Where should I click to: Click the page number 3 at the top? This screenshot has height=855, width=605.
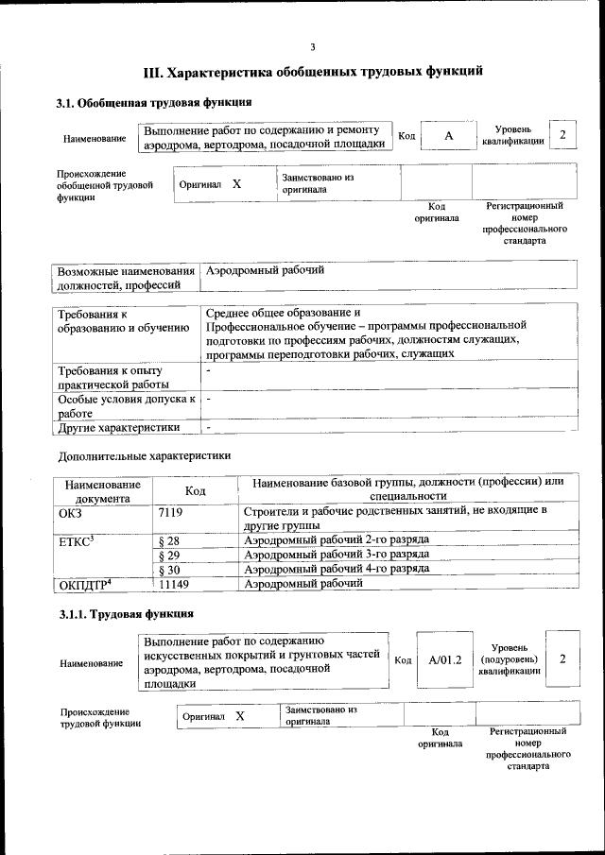312,47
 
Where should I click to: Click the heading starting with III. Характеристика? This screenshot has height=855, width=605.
312,71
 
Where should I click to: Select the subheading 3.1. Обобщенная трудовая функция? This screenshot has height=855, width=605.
153,102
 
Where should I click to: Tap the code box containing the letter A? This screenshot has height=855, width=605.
449,137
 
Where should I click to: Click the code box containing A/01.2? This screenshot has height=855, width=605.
443,659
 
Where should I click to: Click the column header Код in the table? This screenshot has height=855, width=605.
195,490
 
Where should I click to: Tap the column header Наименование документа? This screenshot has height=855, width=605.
103,490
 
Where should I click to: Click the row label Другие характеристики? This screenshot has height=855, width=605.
118,427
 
